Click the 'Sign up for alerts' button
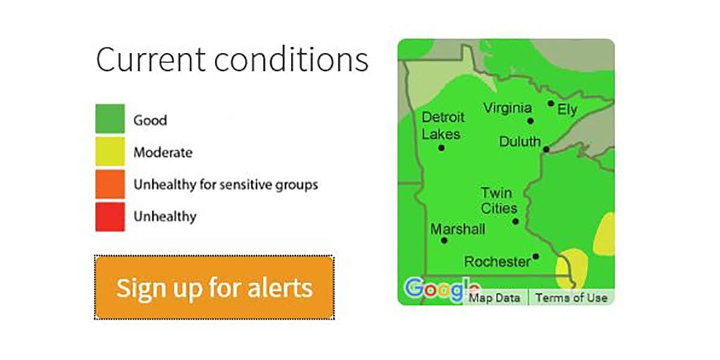tap(214, 287)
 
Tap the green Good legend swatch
tap(110, 118)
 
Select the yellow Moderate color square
tap(110, 151)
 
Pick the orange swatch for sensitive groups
tap(110, 184)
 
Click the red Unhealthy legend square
tap(110, 217)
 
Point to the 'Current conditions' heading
tap(232, 59)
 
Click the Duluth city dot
tap(546, 149)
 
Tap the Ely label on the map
tap(568, 110)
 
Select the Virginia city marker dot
tap(530, 121)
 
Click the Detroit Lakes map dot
tap(442, 148)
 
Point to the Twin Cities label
tap(499, 200)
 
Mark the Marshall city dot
tap(444, 241)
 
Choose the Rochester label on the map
tap(497, 262)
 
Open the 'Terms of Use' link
tap(571, 298)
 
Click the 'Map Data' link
tap(494, 298)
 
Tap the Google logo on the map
tap(441, 290)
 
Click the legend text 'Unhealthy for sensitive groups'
tap(226, 185)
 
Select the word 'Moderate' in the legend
tap(163, 152)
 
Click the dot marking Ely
tap(551, 103)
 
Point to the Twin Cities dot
tap(515, 221)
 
